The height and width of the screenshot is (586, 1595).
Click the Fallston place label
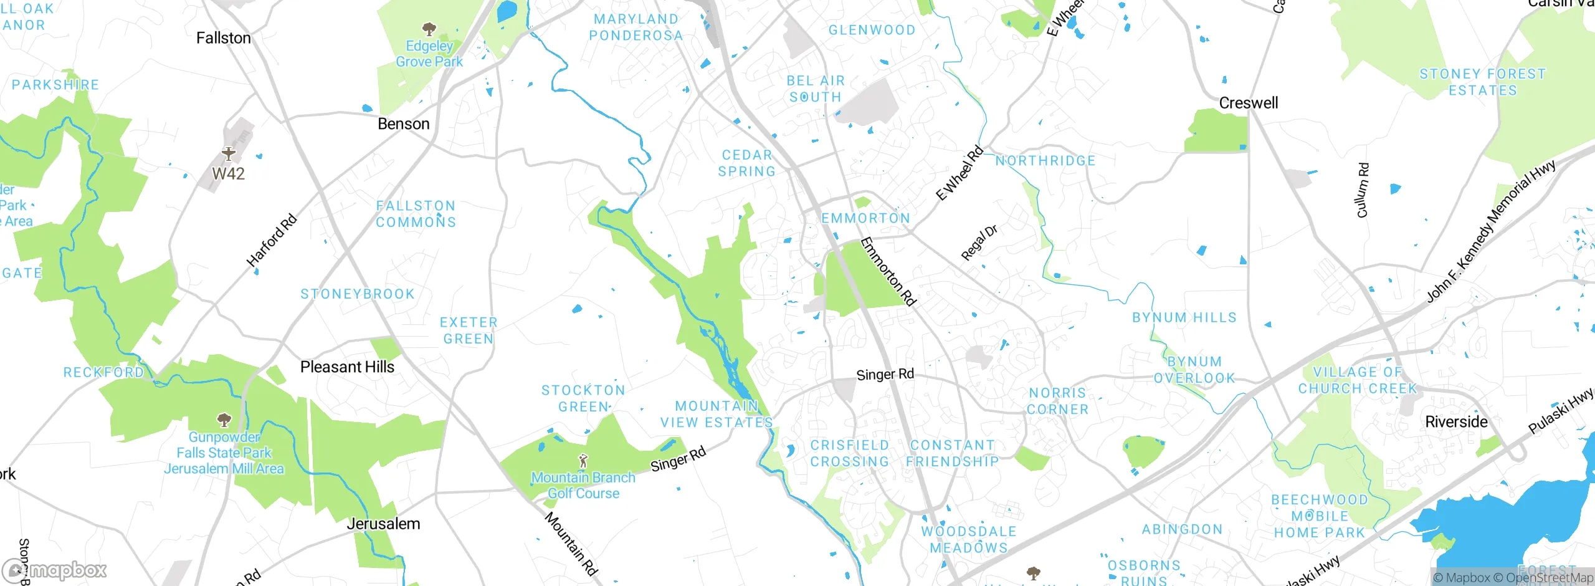[x=224, y=38]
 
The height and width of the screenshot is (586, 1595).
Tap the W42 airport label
[x=229, y=174]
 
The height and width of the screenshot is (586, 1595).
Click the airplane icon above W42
[x=229, y=153]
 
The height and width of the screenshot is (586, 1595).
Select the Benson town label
[x=404, y=124]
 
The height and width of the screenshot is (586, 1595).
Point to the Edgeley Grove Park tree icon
[x=429, y=29]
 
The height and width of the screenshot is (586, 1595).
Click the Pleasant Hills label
[x=347, y=367]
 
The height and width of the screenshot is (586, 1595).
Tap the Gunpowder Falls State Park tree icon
[x=224, y=419]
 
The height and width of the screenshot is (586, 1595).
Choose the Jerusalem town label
[x=383, y=524]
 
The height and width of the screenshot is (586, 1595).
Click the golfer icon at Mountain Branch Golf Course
[x=583, y=461]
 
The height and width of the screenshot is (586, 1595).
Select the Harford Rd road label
[x=272, y=241]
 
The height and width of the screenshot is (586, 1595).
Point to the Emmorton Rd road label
[x=888, y=272]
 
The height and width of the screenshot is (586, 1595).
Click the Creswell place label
[x=1248, y=103]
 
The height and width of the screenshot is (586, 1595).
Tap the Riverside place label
[x=1456, y=422]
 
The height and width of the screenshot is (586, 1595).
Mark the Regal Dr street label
[x=979, y=243]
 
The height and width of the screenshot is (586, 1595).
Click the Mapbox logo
[x=54, y=570]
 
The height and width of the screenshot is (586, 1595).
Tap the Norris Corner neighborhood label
[x=1057, y=401]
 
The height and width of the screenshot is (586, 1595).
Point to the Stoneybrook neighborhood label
[x=358, y=294]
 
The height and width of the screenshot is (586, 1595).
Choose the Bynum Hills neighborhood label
[x=1184, y=318]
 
